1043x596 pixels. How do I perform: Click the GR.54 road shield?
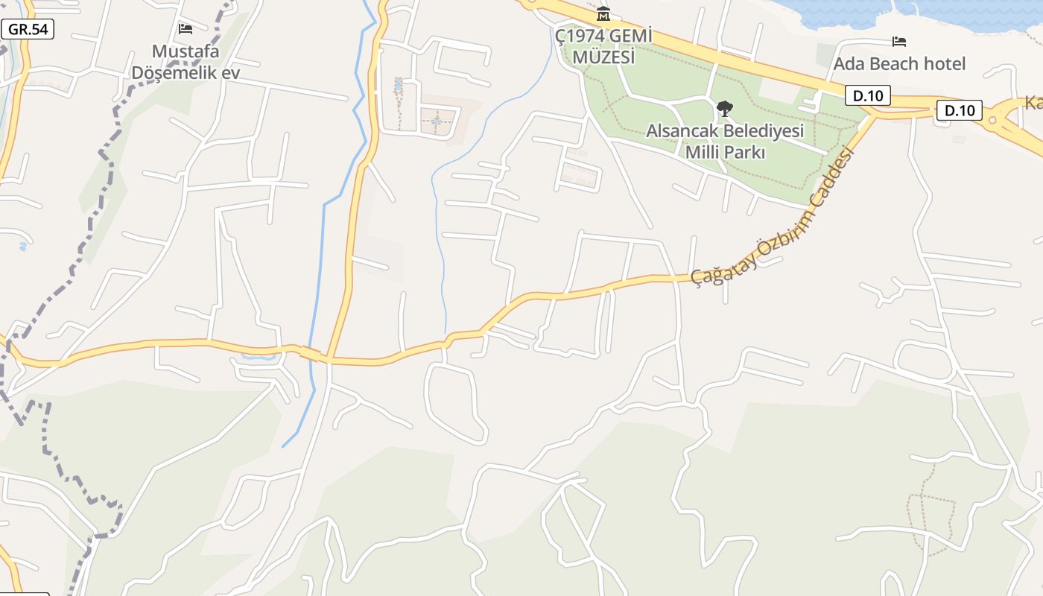pos(27,29)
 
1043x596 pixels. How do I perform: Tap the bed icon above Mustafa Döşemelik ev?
pos(186,29)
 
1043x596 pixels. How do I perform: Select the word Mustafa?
pos(186,51)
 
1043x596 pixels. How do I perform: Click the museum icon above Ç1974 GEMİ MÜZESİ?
pos(603,14)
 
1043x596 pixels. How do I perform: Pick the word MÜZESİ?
pos(604,57)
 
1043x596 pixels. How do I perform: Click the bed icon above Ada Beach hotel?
pos(899,41)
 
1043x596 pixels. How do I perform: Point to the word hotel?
pos(945,63)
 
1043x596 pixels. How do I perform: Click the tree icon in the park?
pos(724,109)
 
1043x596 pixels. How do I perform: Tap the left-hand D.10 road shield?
pos(868,95)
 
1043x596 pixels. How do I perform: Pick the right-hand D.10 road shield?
pos(960,111)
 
